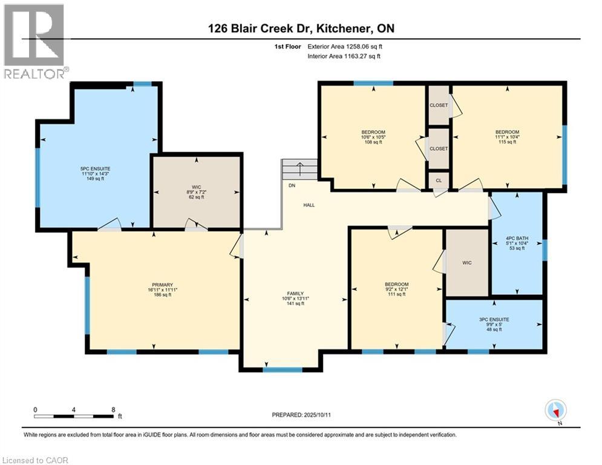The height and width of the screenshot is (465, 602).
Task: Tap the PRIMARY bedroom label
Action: coord(163,285)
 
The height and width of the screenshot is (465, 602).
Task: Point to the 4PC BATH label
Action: coord(517,239)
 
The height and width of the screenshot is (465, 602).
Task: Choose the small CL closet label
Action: coord(439,180)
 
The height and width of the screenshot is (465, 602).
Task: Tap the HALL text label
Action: coord(309,205)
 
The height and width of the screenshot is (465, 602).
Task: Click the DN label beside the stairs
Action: coord(292,185)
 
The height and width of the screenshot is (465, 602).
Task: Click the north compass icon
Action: coord(555,411)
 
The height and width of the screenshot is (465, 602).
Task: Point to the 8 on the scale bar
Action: coord(113,409)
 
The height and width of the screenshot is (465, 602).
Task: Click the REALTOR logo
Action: coord(34,41)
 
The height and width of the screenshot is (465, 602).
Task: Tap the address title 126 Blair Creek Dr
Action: coord(301,29)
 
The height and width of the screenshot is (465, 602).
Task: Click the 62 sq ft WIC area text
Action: coord(197,197)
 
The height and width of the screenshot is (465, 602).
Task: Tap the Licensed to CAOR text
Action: coord(35,460)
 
